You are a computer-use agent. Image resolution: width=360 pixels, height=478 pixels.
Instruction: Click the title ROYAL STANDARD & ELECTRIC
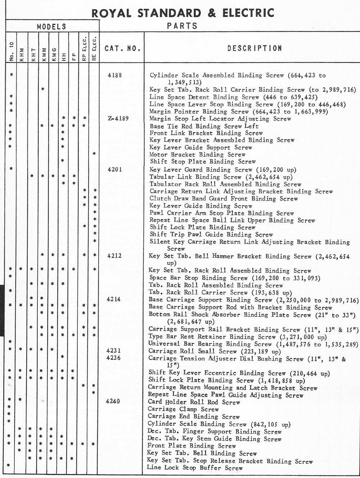point(183,13)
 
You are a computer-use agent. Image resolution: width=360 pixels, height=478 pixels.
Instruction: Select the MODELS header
point(52,26)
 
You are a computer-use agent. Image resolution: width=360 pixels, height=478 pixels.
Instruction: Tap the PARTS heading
point(182,26)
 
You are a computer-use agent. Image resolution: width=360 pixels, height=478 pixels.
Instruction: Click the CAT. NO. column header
point(122,48)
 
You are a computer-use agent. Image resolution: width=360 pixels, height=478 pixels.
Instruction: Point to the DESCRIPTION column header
point(255,48)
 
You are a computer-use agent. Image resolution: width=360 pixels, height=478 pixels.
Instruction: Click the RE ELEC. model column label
point(94,48)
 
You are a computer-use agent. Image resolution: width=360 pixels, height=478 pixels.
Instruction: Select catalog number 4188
point(115,75)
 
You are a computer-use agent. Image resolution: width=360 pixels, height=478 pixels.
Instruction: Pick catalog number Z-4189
point(118,119)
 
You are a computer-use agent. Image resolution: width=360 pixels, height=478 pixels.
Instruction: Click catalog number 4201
point(115,169)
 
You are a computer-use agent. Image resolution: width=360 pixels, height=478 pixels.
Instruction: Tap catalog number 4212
point(114,256)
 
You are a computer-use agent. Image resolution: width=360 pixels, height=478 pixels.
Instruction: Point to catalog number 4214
point(114,300)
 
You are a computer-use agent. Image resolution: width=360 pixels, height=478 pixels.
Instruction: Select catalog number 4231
point(114,351)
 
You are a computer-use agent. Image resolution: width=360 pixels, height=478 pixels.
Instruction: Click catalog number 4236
point(114,358)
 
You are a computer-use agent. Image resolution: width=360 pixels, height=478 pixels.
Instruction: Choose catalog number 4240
point(113,402)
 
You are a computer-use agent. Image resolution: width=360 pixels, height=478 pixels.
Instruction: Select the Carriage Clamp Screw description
point(183,409)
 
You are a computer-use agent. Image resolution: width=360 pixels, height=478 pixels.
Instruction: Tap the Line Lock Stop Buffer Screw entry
point(195,468)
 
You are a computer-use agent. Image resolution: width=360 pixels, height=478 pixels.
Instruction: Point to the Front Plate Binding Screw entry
point(192,446)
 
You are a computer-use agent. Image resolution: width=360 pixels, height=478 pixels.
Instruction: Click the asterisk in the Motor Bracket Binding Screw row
point(94,154)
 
